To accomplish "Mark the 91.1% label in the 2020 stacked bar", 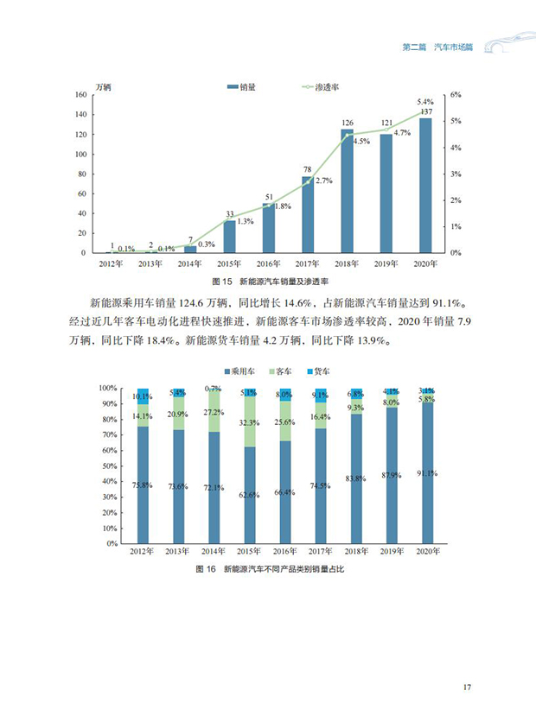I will pos(425,472).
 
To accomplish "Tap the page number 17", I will pos(467,687).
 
